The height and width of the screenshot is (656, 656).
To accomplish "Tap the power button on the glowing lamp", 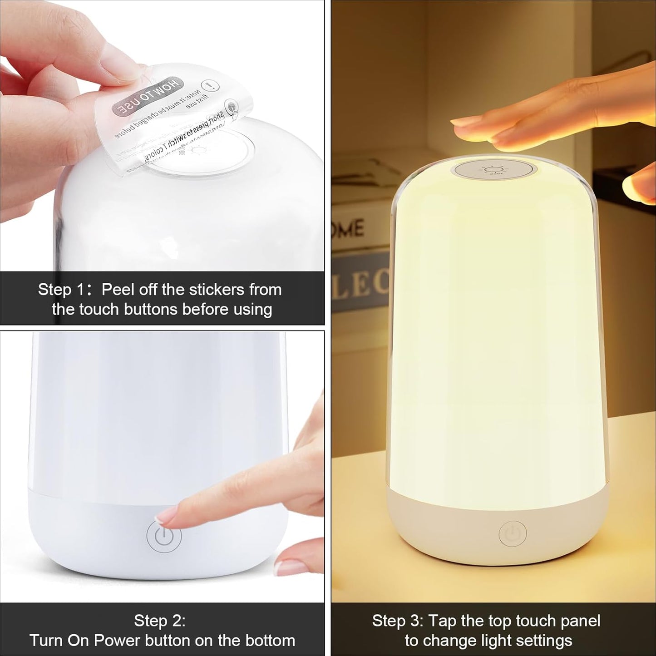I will (x=513, y=534).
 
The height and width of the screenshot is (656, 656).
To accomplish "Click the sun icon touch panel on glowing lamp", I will (x=495, y=171).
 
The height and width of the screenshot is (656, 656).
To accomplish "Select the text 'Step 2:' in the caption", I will (x=159, y=621).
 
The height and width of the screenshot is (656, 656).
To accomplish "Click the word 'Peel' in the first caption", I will (x=116, y=290).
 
